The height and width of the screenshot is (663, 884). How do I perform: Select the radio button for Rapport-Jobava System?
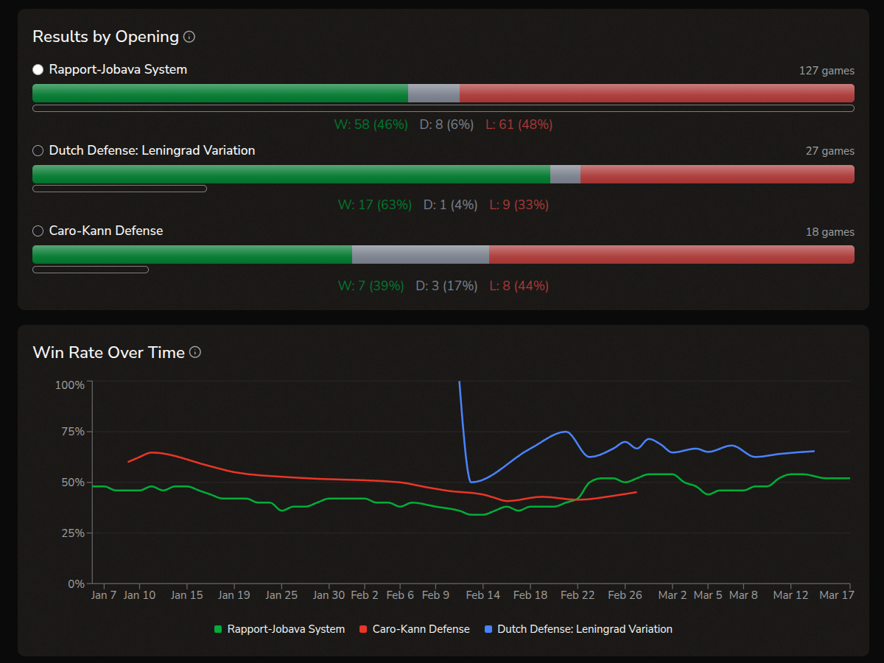(x=38, y=70)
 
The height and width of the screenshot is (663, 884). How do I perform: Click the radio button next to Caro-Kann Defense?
(x=38, y=231)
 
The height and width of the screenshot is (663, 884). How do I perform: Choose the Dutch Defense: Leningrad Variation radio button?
(x=38, y=151)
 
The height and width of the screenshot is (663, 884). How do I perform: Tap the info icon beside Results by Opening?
(x=189, y=37)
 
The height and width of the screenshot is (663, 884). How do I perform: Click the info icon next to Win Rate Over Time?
(x=195, y=352)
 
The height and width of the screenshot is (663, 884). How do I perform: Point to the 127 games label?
(x=827, y=71)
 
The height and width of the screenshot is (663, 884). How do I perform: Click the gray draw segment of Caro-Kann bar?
(x=420, y=254)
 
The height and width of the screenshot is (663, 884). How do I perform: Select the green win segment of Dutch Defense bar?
(x=291, y=174)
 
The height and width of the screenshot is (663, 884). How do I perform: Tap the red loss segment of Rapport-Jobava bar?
(x=656, y=94)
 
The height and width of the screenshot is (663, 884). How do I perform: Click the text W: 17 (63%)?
(x=374, y=205)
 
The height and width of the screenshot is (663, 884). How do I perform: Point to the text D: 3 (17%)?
(x=446, y=286)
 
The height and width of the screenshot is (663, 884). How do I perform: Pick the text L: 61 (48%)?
(x=519, y=124)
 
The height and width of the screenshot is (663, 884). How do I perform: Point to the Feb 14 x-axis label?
(x=483, y=595)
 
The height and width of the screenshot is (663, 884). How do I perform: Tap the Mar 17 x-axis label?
(x=836, y=595)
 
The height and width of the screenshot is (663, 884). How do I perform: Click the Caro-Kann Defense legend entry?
(x=414, y=629)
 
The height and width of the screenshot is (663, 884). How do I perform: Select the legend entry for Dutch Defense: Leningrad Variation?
(x=578, y=629)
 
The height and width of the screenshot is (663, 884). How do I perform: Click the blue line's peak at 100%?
(x=460, y=382)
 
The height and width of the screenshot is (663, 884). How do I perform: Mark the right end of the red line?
(x=636, y=492)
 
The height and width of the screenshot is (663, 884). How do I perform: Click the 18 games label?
(x=829, y=232)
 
